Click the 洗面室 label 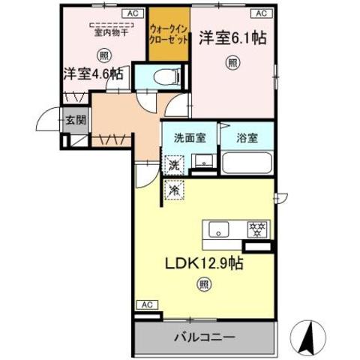tap(190, 138)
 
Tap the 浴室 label tap(246, 138)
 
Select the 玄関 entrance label tap(74, 119)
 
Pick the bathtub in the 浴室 tap(246, 163)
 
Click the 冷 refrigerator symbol tap(173, 190)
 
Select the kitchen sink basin tap(217, 229)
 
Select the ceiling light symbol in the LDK tap(203, 283)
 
